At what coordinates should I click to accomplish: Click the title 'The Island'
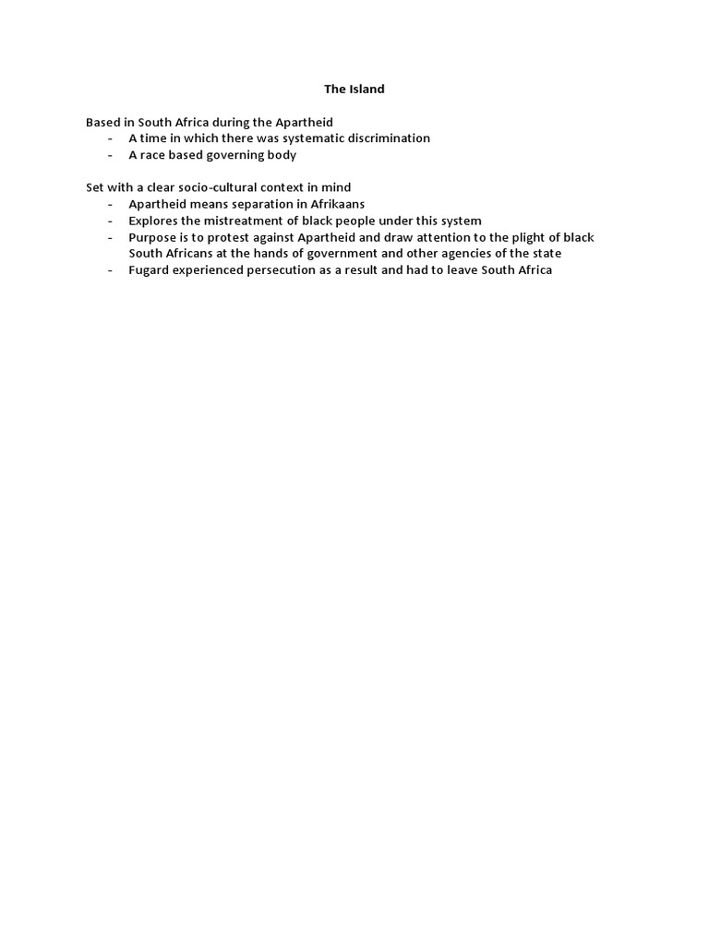coord(354,90)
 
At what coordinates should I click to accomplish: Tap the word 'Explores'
coord(153,221)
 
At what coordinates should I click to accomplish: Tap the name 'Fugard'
coord(150,269)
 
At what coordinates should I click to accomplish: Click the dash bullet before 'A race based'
coord(111,155)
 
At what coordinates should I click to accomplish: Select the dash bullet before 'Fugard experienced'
coord(111,269)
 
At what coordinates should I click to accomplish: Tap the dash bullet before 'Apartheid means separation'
coord(111,204)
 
